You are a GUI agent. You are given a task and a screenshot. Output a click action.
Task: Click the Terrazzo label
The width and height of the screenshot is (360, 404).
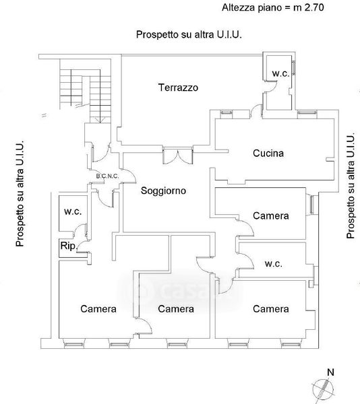(x=178, y=88)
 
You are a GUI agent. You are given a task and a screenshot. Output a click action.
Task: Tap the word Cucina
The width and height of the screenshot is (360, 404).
(x=268, y=154)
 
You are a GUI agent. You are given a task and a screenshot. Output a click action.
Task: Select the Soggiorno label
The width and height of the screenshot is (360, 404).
(x=164, y=191)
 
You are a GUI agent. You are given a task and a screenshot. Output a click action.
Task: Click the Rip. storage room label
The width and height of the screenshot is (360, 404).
(x=69, y=246)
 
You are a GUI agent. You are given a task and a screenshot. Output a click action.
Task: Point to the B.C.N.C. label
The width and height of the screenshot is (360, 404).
(x=108, y=176)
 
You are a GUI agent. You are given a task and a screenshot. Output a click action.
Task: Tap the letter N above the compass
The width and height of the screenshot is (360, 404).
(x=330, y=372)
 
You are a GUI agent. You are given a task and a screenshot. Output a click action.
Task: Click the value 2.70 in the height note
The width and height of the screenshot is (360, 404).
(x=314, y=7)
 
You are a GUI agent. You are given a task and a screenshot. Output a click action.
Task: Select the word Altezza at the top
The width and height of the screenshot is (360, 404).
(x=238, y=7)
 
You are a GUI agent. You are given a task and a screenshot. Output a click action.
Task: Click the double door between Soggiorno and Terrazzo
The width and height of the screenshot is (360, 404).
(x=178, y=156)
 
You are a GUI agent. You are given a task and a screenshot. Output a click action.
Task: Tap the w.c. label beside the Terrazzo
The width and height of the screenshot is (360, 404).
(x=280, y=73)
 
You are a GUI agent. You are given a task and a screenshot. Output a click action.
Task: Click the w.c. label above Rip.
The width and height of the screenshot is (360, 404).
(x=73, y=211)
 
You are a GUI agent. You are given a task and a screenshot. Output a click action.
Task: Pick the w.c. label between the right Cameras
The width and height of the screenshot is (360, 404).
(x=274, y=264)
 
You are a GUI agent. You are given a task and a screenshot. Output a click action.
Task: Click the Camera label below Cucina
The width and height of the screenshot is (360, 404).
(x=271, y=216)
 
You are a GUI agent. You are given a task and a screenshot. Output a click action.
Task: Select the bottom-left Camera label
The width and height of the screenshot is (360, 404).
(x=98, y=309)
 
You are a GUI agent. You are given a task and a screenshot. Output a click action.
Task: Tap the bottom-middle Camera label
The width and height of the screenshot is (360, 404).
(x=176, y=309)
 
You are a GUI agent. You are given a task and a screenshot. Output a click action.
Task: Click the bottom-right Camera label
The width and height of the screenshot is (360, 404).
(x=271, y=309)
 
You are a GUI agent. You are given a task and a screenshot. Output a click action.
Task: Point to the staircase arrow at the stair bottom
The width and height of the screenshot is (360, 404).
(x=100, y=120)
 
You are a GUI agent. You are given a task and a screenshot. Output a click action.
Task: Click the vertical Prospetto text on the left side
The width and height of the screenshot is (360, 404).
(x=20, y=193)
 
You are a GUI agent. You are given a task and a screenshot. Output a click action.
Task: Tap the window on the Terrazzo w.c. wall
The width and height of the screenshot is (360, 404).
(x=293, y=68)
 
